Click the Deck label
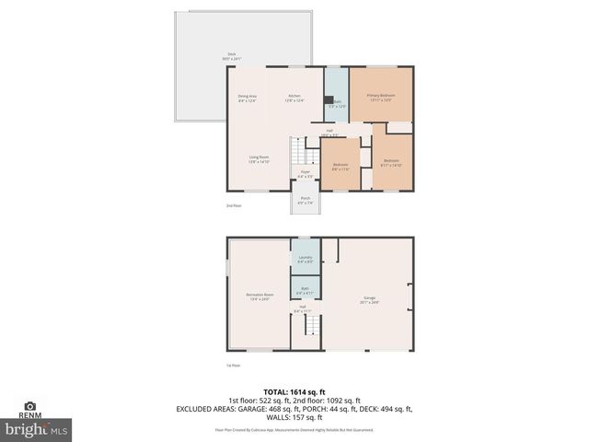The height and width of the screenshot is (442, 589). coord(219,56)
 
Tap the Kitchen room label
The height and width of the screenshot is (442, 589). coord(294,99)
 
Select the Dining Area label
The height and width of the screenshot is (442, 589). coord(247,99)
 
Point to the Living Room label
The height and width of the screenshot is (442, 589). coord(258,159)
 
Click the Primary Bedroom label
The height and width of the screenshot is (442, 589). coord(382,98)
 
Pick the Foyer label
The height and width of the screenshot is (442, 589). coord(305,174)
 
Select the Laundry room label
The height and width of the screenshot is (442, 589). coord(306,259)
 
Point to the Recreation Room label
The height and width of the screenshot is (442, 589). coord(260,297)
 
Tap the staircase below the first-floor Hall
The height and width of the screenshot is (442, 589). coord(313,327)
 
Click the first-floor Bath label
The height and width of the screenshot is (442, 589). coord(305,290)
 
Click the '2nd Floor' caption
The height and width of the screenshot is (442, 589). coord(235,205)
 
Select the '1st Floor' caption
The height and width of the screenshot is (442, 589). coord(234,366)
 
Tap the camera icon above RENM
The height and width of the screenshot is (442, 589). coord(30,405)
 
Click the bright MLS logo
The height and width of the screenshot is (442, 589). coord(37,429)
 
